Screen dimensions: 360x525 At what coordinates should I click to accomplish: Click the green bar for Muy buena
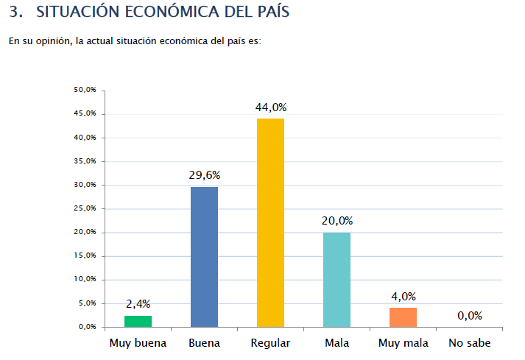coord(138,321)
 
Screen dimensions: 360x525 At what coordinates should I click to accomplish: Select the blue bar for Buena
coord(204,256)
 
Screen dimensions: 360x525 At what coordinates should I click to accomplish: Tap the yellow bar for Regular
coord(270,222)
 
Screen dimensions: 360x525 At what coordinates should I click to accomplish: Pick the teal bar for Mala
coord(337,279)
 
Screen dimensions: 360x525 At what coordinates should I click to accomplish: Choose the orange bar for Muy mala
coord(403,317)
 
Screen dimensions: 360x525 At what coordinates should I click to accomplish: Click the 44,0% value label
coord(270,107)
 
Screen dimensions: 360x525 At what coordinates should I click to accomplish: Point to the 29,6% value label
coord(204,175)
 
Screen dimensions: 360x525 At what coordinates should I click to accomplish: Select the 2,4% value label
coord(138,304)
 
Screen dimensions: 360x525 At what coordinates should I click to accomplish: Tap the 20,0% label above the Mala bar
coord(337,221)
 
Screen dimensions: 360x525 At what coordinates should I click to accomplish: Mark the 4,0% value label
coord(403,297)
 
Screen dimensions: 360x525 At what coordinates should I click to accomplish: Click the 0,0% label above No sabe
coord(469,316)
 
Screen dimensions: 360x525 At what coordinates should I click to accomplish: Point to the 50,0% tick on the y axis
coord(85,91)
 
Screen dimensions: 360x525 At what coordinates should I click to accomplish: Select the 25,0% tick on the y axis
coord(85,208)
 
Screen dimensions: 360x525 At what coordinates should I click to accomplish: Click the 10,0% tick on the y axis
coord(85,280)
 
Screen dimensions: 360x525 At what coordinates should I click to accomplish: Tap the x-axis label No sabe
coord(469,343)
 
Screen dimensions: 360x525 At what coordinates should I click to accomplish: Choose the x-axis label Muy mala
coord(403,343)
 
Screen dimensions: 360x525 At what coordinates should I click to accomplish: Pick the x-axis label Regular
coord(270,343)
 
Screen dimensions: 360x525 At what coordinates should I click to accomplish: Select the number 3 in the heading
coord(13,13)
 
